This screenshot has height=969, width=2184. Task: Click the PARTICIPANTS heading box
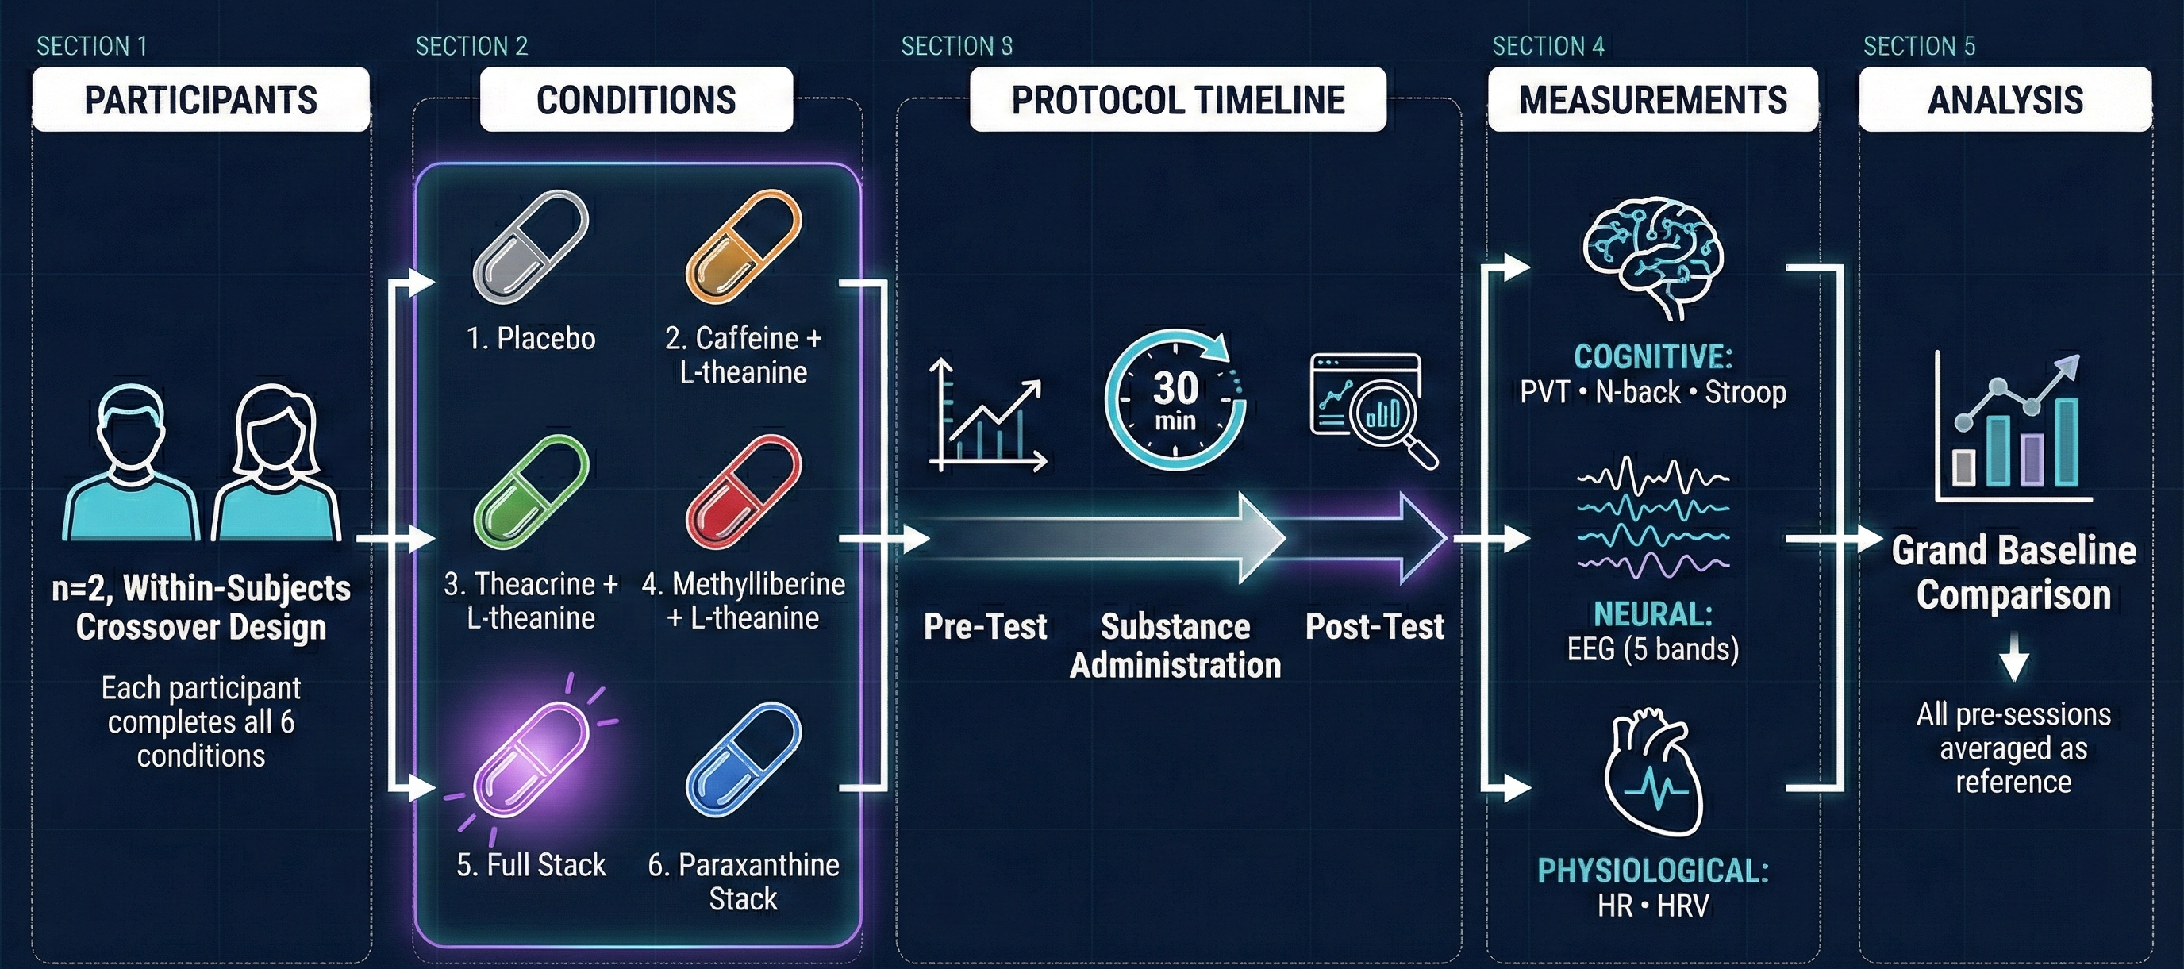click(x=201, y=99)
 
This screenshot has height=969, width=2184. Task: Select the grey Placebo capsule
click(x=531, y=247)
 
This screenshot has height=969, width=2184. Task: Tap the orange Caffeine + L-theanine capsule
click(x=744, y=247)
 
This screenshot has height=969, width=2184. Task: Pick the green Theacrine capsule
click(x=531, y=493)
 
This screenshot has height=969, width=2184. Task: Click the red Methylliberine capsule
click(x=744, y=493)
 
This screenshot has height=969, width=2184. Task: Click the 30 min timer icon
click(x=1175, y=399)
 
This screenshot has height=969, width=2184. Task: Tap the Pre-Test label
click(x=985, y=626)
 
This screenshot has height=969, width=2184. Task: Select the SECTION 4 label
click(x=1548, y=46)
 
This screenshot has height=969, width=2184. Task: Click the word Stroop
click(x=1745, y=393)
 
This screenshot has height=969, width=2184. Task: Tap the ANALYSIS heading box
click(x=2005, y=99)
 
